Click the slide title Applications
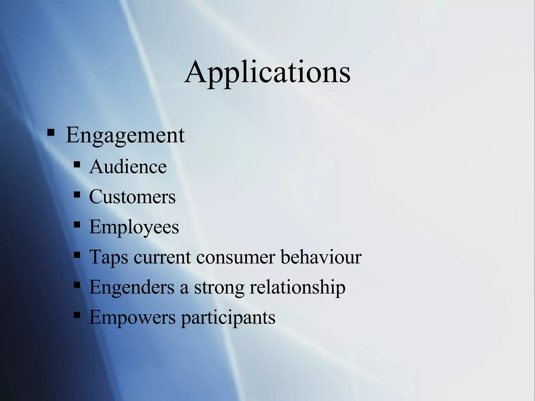click(267, 72)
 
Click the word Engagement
click(125, 135)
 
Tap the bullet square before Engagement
click(51, 133)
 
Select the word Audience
click(128, 167)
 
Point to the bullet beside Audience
click(77, 165)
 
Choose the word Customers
click(132, 197)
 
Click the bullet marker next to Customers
click(77, 195)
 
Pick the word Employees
click(134, 227)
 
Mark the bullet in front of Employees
click(77, 225)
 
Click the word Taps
click(109, 257)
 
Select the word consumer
click(235, 257)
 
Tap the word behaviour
click(321, 257)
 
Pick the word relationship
click(298, 287)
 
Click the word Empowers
click(132, 317)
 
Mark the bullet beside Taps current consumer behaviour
click(77, 255)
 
